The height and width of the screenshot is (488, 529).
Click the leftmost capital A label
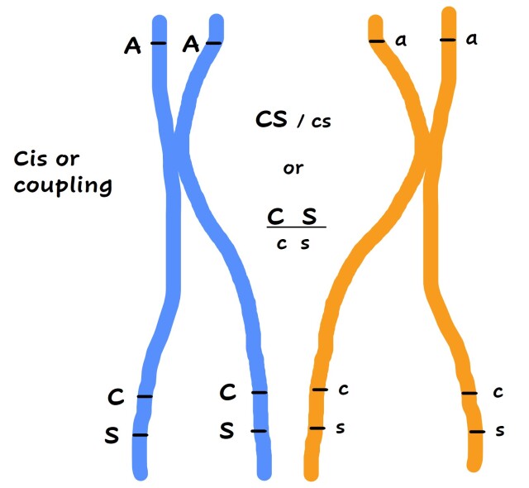132,45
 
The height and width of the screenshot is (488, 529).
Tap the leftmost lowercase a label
402,41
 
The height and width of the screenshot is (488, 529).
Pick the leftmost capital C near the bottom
117,397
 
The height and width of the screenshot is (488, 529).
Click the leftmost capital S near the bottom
112,436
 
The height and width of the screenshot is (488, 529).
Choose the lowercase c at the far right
498,392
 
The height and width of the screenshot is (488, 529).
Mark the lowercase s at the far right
499,431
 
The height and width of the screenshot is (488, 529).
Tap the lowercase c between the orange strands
344,389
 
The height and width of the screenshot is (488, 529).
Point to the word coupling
63,185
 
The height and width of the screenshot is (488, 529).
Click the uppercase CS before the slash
273,120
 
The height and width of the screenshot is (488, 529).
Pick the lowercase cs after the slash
321,122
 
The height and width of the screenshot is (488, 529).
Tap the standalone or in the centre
293,168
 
